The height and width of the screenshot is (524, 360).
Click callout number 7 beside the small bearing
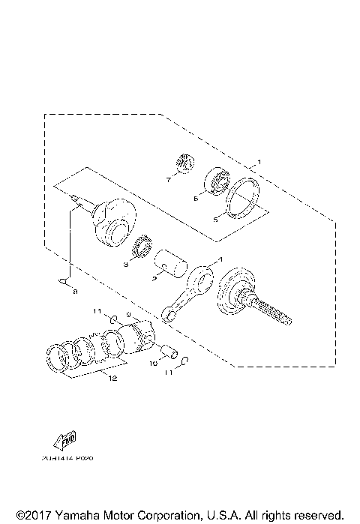coord(169,180)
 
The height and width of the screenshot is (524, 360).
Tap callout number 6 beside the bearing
coord(196,199)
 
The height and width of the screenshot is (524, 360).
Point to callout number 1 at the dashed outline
coord(258,162)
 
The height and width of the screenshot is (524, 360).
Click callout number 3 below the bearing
coord(127,264)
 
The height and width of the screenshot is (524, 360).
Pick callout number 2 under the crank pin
coord(154,277)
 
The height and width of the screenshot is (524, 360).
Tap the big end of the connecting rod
coord(203,277)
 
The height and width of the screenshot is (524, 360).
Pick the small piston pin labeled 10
coord(169,348)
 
